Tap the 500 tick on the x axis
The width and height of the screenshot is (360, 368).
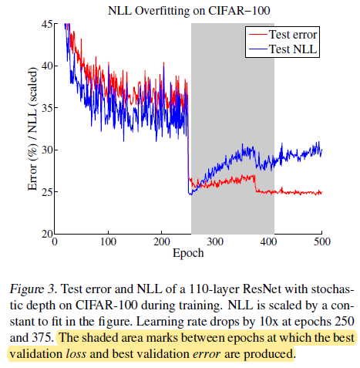[x=321, y=241]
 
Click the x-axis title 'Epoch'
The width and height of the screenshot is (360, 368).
[x=187, y=253]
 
